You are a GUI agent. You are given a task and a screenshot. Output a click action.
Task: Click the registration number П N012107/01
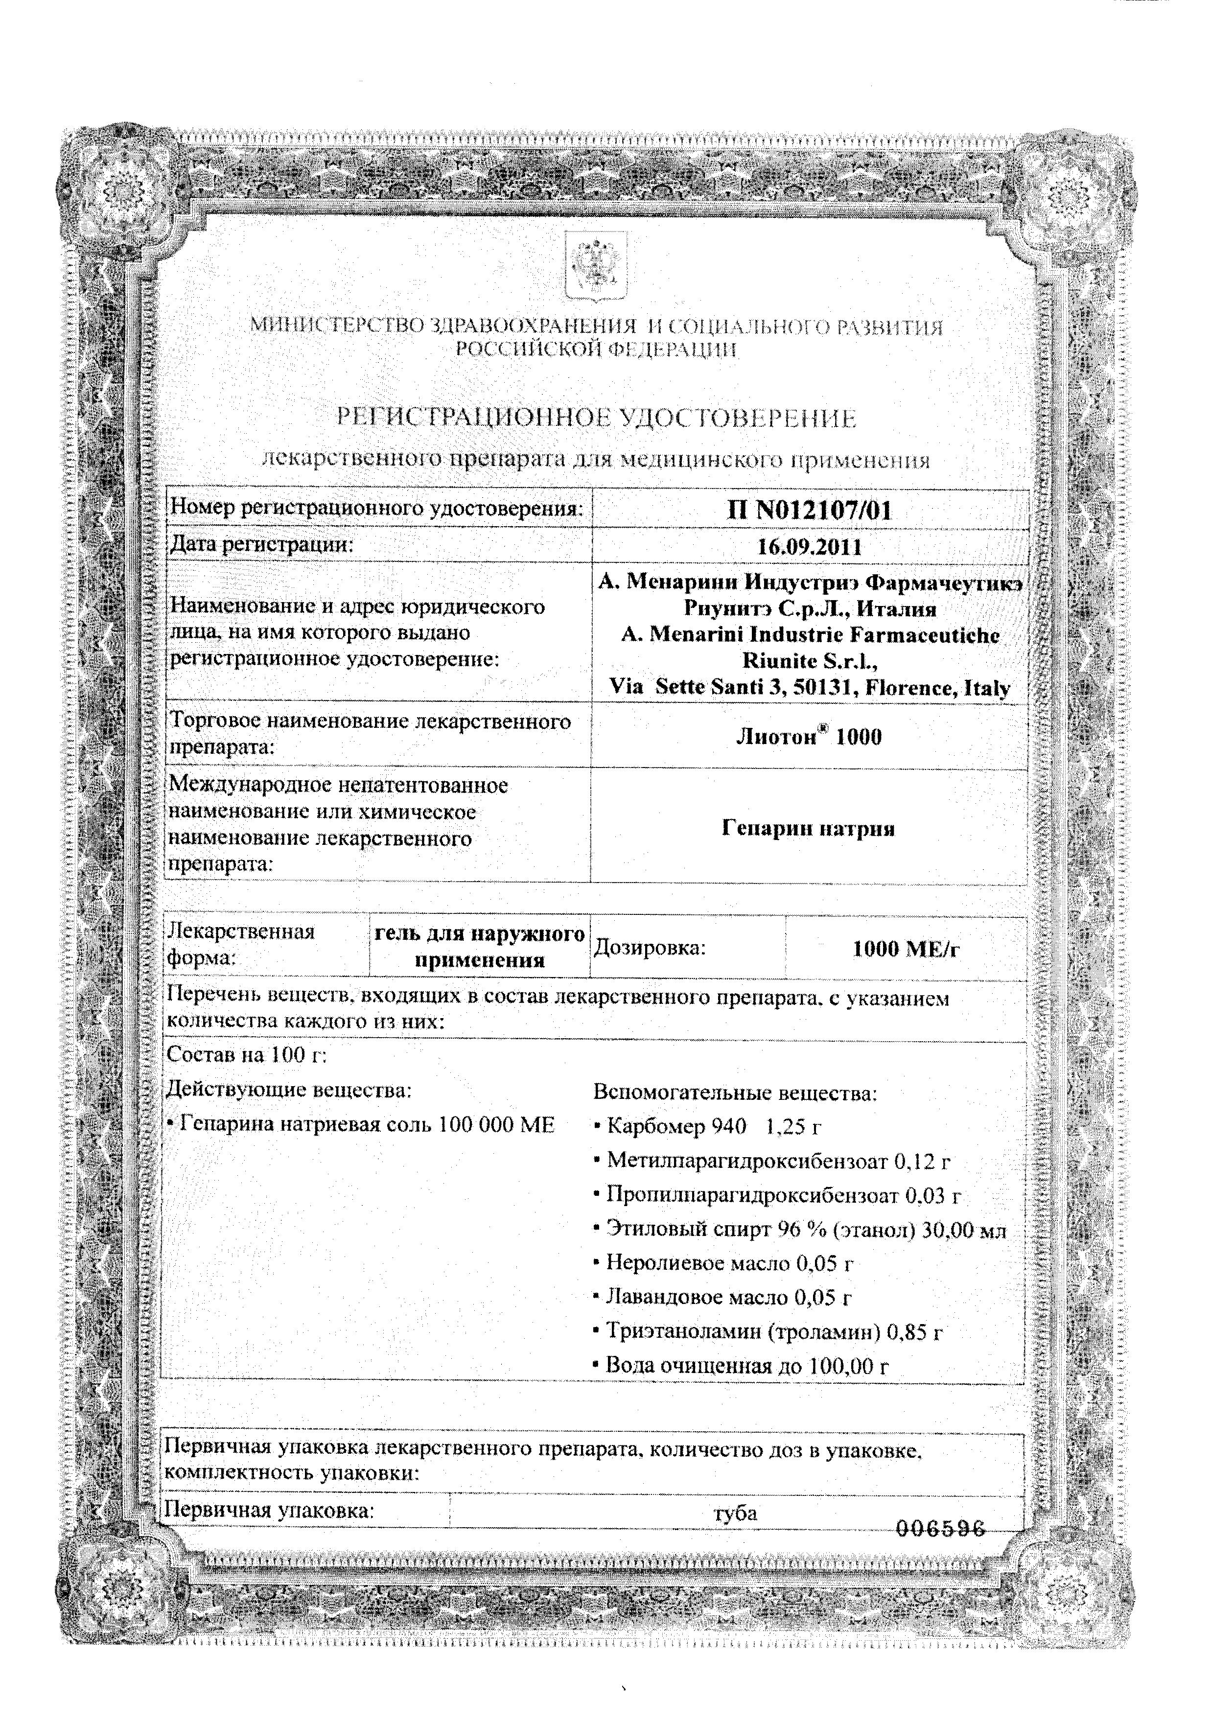(809, 511)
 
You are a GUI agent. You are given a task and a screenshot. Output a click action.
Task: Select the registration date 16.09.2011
(809, 546)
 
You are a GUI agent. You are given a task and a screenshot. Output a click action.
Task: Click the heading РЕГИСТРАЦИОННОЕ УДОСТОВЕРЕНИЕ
(596, 418)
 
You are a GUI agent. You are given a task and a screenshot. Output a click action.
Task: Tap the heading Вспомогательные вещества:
(735, 1093)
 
